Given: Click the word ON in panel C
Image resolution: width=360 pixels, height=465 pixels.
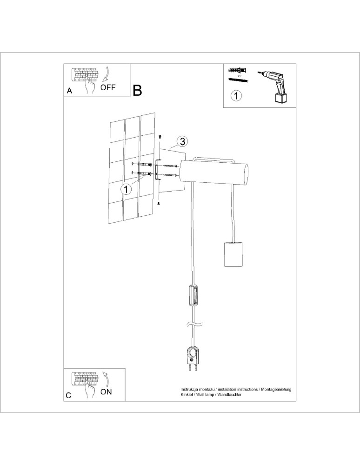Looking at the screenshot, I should [106, 392].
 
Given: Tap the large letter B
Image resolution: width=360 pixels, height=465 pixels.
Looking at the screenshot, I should [137, 90].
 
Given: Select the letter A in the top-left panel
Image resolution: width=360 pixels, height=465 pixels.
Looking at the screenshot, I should [69, 91].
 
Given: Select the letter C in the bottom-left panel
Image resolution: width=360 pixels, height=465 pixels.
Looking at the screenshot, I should [69, 396].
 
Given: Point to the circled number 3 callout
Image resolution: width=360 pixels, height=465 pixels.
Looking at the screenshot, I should [183, 141].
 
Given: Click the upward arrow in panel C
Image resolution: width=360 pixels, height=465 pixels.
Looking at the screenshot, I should [106, 379].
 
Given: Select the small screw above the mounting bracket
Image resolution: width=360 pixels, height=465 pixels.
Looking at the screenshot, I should [160, 137].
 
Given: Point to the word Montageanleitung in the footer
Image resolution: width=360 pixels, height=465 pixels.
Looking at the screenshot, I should [275, 388].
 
